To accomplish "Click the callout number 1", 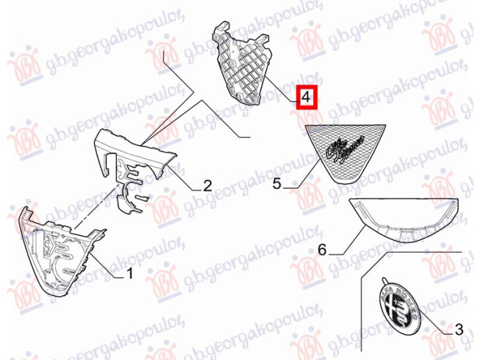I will (128, 274).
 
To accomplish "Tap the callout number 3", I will (458, 327).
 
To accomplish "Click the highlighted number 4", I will (306, 99).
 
